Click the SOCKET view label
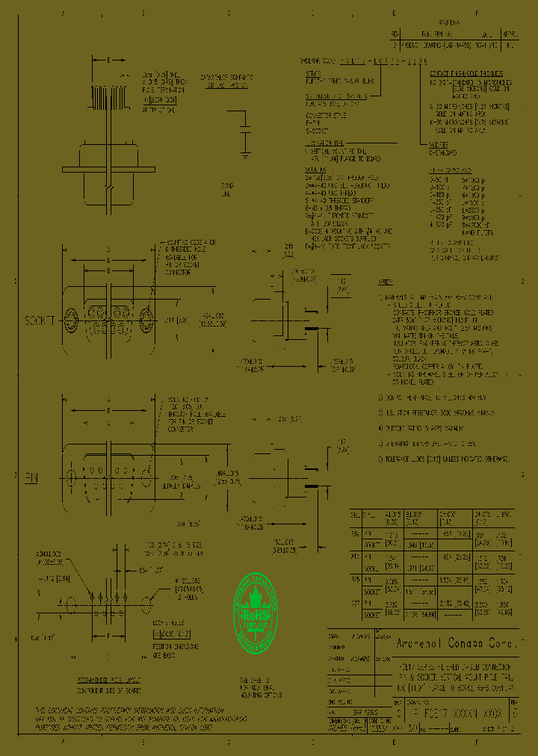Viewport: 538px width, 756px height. [x=41, y=320]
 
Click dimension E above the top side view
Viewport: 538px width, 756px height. [x=109, y=59]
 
